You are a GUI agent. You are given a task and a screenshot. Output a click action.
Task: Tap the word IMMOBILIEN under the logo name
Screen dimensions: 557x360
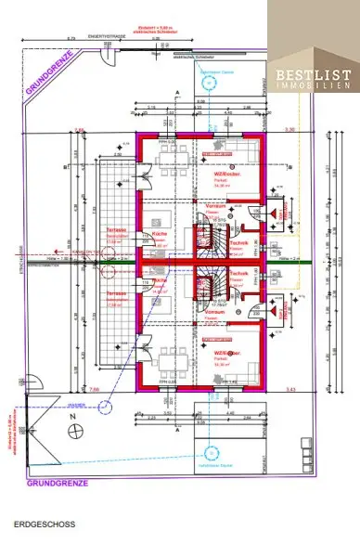pos(312,86)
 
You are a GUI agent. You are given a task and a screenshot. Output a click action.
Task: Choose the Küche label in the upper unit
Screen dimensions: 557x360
pos(159,234)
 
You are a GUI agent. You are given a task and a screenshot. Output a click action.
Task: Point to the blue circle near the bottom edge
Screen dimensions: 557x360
pos(210,451)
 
